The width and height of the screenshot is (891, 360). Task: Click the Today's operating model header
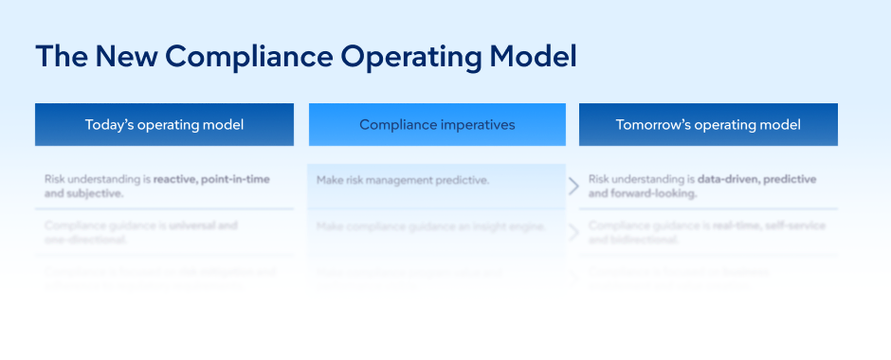[x=164, y=125]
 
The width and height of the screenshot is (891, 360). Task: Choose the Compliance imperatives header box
[x=437, y=125]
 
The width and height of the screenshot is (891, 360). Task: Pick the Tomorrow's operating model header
[x=708, y=125]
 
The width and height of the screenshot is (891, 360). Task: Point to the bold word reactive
[x=179, y=179]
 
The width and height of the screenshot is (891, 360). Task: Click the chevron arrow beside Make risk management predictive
[x=573, y=186]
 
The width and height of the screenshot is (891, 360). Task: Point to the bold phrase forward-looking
[x=654, y=193]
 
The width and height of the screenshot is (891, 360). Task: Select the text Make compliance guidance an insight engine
[x=430, y=226]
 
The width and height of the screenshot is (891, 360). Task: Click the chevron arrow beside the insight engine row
[x=573, y=233]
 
